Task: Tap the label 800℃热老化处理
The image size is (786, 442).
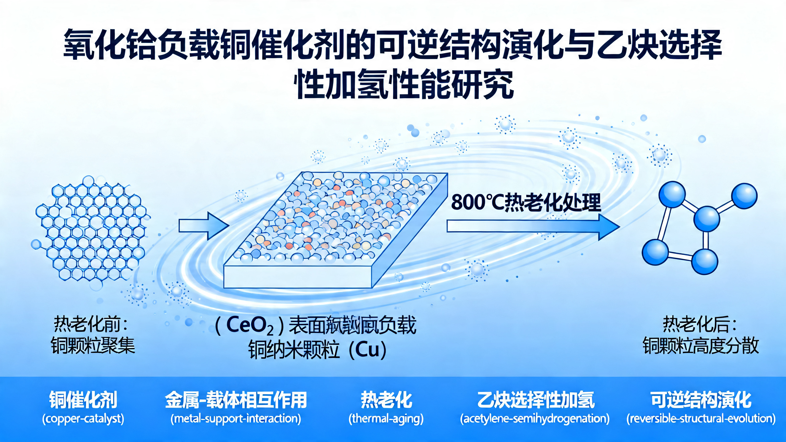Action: coord(526,203)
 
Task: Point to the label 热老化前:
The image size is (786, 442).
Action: coord(91,324)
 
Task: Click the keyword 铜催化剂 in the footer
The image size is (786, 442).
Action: coord(83,400)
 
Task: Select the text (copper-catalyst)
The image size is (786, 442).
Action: coord(83,419)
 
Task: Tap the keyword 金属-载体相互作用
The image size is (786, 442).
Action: coord(236,400)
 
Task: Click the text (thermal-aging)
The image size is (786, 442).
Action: coord(386,419)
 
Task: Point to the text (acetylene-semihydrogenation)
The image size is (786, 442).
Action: coord(535,419)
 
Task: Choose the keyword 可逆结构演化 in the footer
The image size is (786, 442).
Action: coord(701,400)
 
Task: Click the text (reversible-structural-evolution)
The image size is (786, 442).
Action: coord(701,419)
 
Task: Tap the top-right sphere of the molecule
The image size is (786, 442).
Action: coord(744,196)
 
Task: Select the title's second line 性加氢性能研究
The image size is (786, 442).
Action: coord(403,83)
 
